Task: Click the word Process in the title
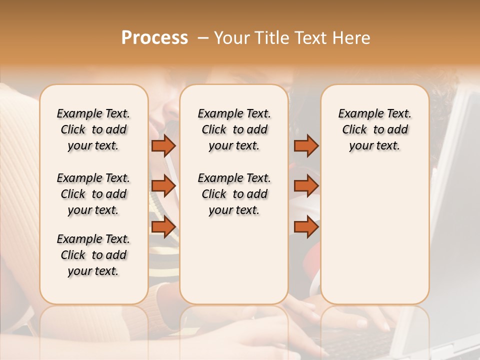154,37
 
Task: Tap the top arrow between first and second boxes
163,145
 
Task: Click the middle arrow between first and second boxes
163,186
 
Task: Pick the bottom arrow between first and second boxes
163,226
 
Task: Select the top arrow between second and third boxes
306,145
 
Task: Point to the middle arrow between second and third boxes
306,186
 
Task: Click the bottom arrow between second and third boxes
306,226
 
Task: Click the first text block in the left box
93,129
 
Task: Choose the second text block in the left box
93,194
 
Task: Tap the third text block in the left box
93,255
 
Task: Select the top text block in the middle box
234,129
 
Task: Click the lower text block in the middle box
234,194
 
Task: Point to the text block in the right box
375,129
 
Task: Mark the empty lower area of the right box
375,230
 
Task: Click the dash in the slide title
202,37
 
